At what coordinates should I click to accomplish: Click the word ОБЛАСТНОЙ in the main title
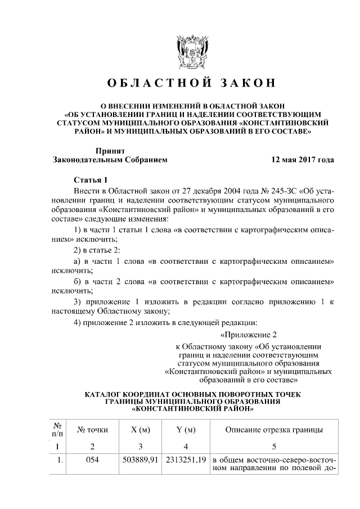click(x=148, y=83)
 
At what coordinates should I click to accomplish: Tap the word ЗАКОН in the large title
click(x=245, y=83)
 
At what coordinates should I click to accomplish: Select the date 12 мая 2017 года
click(x=303, y=160)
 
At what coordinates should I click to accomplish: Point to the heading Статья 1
click(x=91, y=180)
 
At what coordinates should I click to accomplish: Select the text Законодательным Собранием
click(x=110, y=160)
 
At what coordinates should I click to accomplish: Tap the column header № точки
click(x=92, y=430)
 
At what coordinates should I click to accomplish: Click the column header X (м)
click(x=140, y=430)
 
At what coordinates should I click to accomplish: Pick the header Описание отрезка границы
click(x=273, y=430)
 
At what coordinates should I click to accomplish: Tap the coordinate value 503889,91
click(x=140, y=460)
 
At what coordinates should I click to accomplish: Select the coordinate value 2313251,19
click(x=186, y=460)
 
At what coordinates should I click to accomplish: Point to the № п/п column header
click(x=57, y=430)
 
